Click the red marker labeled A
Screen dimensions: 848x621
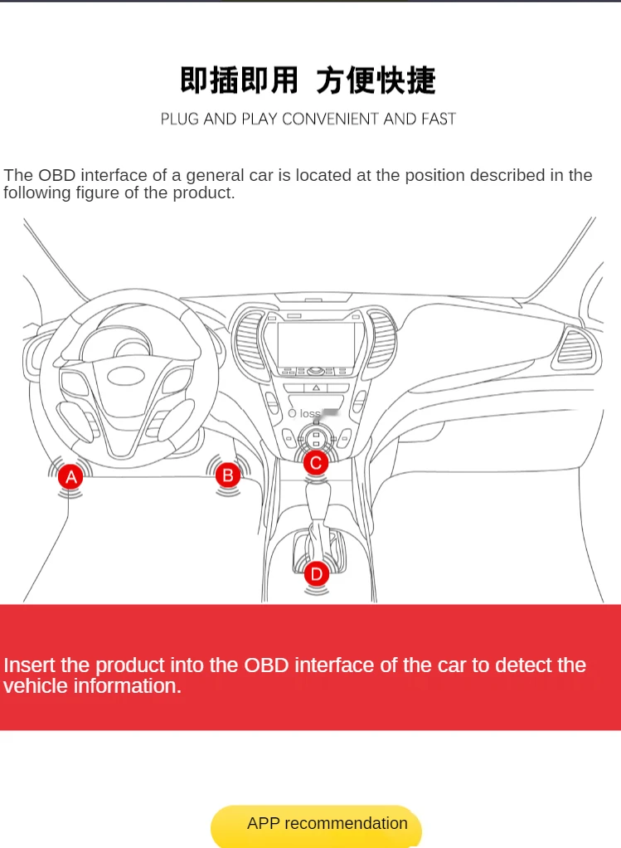pos(71,477)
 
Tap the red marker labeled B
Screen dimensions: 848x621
pos(227,475)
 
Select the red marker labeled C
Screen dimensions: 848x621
pos(316,463)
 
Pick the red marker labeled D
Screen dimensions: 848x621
pos(316,573)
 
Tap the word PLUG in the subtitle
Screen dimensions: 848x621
pos(180,119)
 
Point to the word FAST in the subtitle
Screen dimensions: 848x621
pos(438,119)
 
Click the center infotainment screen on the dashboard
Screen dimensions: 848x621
pos(315,344)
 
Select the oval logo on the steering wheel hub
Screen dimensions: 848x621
pos(125,374)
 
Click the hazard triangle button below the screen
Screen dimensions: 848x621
pos(316,387)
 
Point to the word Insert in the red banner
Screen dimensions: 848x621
pos(30,665)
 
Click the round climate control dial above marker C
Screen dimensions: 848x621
pos(316,436)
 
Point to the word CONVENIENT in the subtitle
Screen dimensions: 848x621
pos(331,119)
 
